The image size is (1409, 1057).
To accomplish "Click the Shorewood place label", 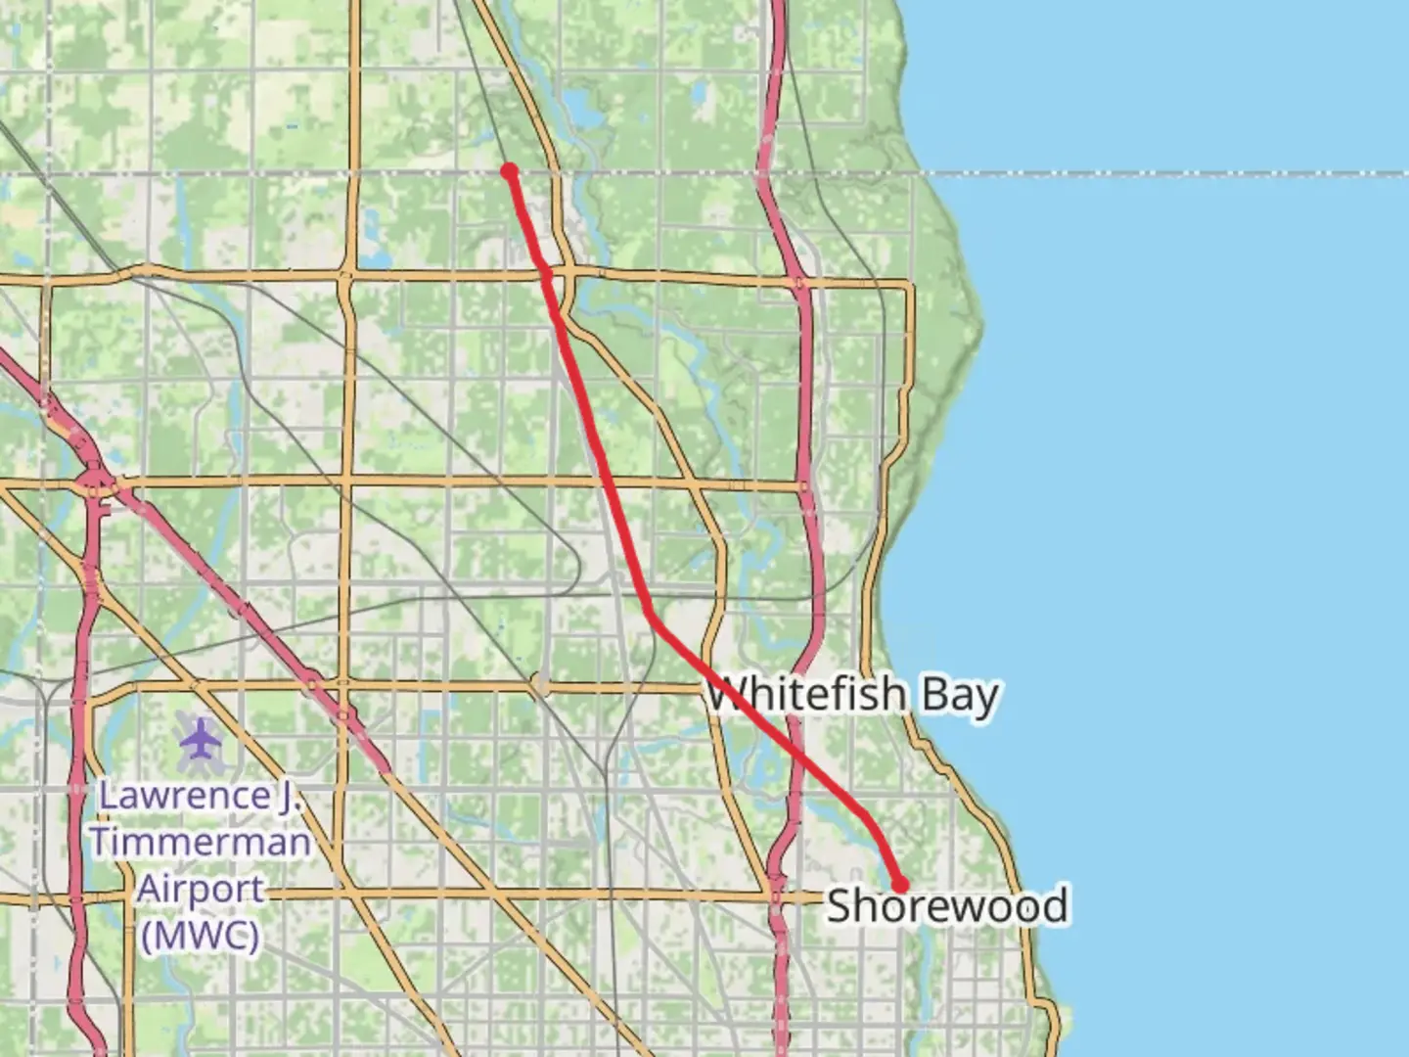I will pyautogui.click(x=946, y=905).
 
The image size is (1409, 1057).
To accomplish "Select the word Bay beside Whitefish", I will pyautogui.click(x=959, y=696).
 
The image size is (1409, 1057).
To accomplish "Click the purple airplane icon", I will pyautogui.click(x=201, y=739).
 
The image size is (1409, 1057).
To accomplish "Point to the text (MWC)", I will pyautogui.click(x=201, y=936).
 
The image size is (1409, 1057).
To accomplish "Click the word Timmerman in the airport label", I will pyautogui.click(x=201, y=842).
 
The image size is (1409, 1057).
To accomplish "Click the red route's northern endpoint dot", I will pyautogui.click(x=509, y=171).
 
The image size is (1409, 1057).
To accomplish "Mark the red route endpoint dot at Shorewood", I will pyautogui.click(x=900, y=885).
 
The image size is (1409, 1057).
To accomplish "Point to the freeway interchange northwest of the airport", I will pyautogui.click(x=96, y=483).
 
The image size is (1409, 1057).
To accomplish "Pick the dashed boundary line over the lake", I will pyautogui.click(x=1174, y=174).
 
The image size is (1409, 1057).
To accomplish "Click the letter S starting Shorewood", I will pyautogui.click(x=838, y=905).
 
